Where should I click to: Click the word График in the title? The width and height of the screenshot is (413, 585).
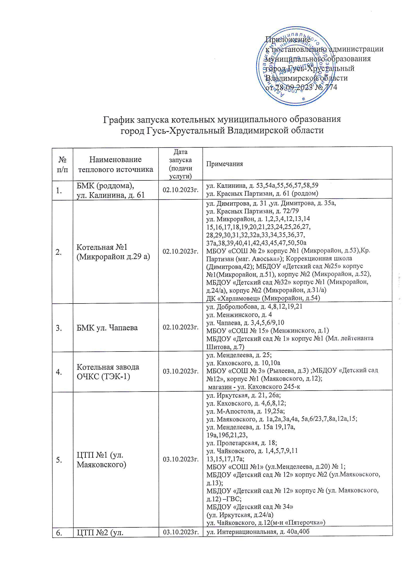tap(118, 119)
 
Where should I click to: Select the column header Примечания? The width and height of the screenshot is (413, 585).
tap(224, 164)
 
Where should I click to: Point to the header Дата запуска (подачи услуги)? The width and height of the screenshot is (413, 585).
tap(180, 164)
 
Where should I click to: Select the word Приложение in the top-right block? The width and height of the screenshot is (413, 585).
tap(288, 40)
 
